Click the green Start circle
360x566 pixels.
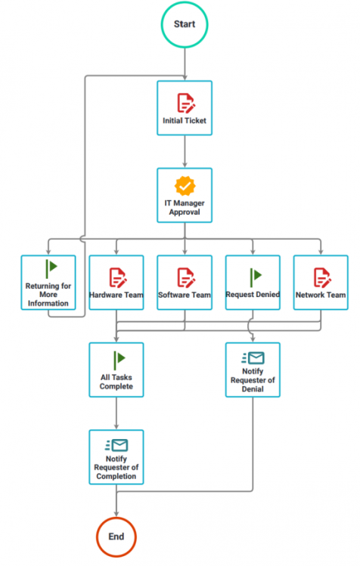(184, 24)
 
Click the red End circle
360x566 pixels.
(116, 537)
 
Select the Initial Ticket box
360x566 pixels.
(184, 108)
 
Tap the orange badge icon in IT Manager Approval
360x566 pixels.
(184, 185)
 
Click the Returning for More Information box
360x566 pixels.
(48, 283)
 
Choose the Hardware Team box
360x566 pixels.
(116, 283)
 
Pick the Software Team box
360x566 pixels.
(184, 283)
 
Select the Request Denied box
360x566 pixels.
(252, 283)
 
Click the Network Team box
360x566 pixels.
(321, 283)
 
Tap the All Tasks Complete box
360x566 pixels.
(116, 370)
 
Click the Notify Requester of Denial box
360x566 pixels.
(252, 370)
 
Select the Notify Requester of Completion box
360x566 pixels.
(116, 456)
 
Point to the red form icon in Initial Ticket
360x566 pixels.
(184, 102)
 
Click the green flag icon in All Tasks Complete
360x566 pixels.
(118, 360)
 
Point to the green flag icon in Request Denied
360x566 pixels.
(254, 273)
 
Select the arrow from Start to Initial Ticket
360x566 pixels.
(184, 64)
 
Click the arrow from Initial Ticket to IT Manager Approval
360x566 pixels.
(184, 151)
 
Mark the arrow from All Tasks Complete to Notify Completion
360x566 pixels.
(116, 413)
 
